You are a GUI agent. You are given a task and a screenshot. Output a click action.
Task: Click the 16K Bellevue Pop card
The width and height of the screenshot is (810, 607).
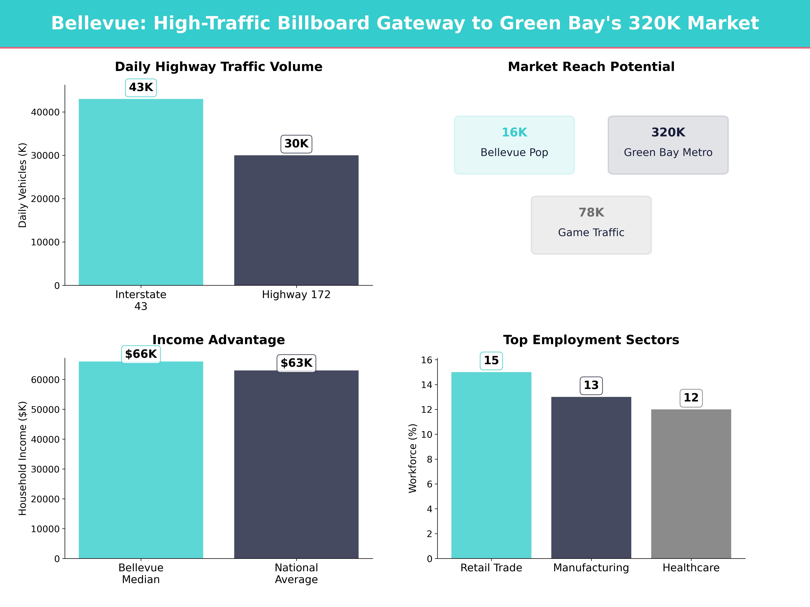(x=514, y=145)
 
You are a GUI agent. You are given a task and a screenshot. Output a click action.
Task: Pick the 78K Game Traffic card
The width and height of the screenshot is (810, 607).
(x=591, y=225)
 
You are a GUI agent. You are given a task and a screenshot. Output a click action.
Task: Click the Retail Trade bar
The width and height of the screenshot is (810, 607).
(x=491, y=465)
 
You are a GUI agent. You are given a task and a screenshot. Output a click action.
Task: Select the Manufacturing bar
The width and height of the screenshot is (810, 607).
(x=591, y=478)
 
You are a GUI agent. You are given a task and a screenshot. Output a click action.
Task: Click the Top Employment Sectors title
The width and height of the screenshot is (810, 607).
(x=591, y=340)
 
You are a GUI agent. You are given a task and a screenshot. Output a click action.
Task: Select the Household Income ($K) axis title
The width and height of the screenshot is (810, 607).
(x=23, y=458)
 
